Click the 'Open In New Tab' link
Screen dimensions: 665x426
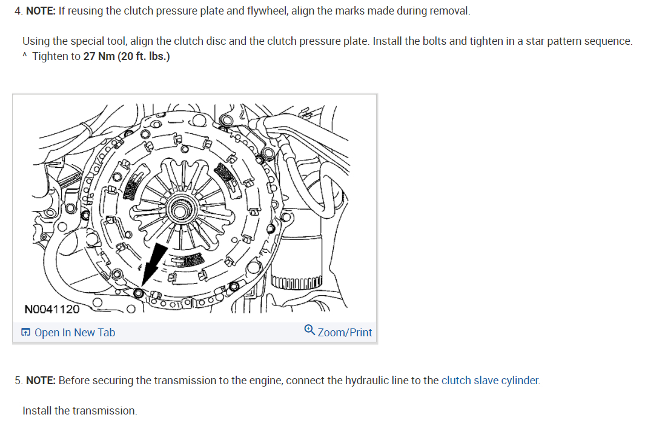(x=74, y=332)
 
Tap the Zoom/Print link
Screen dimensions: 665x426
(x=344, y=332)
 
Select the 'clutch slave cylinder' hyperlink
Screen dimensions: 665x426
(x=490, y=381)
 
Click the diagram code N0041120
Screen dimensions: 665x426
(x=52, y=310)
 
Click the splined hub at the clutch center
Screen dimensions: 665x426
(x=180, y=210)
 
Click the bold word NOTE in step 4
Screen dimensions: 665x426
(x=41, y=12)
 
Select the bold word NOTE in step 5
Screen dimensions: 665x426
(x=41, y=381)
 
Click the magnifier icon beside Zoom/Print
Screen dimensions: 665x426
(x=309, y=331)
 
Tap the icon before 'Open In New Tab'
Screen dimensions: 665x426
(x=26, y=332)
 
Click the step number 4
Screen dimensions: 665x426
(x=18, y=12)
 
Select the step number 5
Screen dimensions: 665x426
(x=18, y=381)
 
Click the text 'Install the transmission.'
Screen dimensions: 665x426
(x=79, y=410)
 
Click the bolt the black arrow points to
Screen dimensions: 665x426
(x=139, y=293)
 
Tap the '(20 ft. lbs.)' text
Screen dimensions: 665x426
(x=144, y=56)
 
